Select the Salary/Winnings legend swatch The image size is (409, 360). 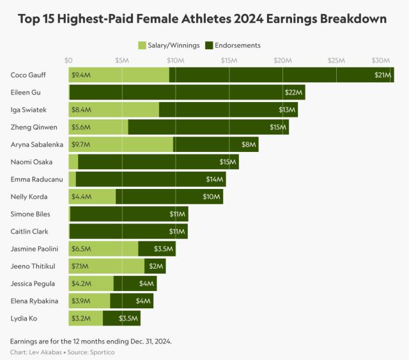[143, 45]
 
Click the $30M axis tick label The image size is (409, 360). [382, 60]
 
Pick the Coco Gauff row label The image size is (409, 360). [27, 75]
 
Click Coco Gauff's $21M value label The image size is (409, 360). [383, 75]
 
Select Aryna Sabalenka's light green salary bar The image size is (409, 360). [121, 144]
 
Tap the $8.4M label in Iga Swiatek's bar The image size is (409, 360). [81, 110]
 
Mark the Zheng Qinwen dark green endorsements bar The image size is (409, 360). [208, 127]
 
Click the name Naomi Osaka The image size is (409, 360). [32, 162]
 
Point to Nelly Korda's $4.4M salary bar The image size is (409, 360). [92, 197]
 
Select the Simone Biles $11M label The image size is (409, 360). [178, 214]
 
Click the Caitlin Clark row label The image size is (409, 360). [29, 231]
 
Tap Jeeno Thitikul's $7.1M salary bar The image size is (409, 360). [107, 266]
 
